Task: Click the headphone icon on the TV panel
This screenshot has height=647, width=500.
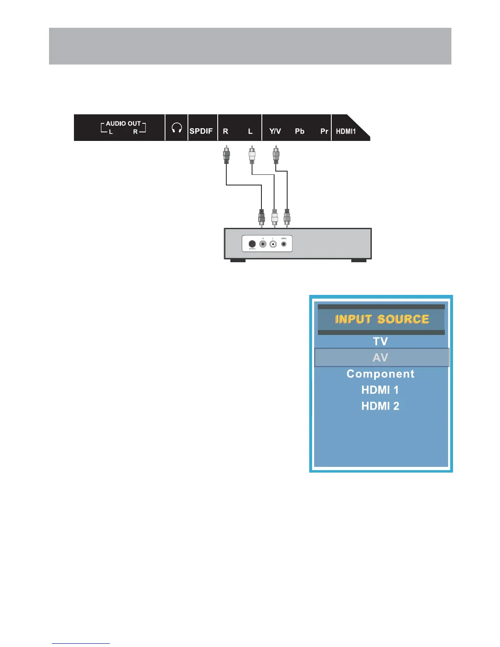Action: [x=176, y=128]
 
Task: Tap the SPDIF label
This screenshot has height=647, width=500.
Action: [x=201, y=131]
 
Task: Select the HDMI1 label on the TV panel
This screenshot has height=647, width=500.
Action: [x=346, y=131]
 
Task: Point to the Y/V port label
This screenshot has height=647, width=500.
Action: [x=275, y=131]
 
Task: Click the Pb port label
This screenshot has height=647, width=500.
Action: [x=299, y=131]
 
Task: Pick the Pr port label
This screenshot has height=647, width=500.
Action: [x=324, y=131]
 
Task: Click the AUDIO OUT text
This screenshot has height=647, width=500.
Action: [x=123, y=123]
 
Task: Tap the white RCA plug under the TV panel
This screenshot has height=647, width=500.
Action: [x=252, y=155]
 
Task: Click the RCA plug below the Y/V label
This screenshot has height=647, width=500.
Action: [x=276, y=155]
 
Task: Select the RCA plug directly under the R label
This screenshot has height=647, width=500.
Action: [x=226, y=155]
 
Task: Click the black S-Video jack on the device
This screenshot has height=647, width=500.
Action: [x=252, y=244]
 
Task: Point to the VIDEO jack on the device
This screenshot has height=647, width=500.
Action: [x=284, y=244]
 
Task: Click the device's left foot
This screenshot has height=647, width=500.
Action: [x=238, y=260]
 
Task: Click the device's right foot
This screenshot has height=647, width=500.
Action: [x=359, y=260]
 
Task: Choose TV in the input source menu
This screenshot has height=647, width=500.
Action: [x=380, y=341]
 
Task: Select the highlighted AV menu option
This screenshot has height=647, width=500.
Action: [x=380, y=358]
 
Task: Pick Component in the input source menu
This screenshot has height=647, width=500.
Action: [x=380, y=374]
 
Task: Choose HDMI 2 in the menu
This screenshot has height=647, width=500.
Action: [x=380, y=406]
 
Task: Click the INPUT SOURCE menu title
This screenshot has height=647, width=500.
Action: [x=382, y=319]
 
